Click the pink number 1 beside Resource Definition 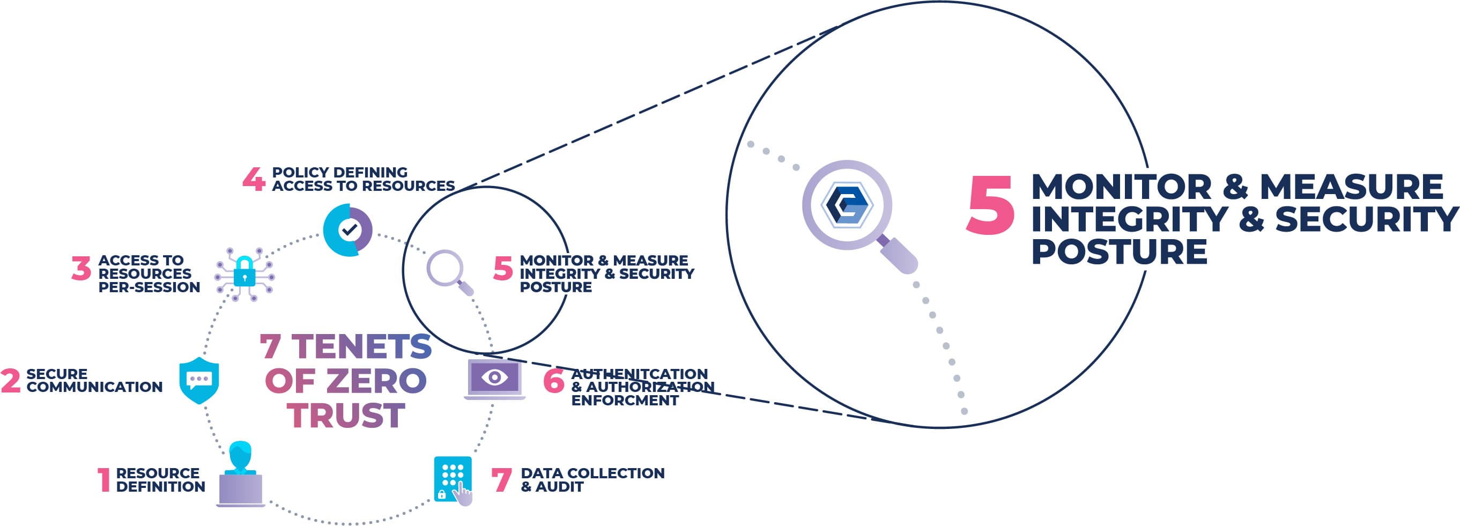click(x=103, y=479)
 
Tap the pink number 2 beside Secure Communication click(x=10, y=380)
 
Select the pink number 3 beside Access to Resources click(x=81, y=268)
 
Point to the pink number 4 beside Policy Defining click(x=254, y=179)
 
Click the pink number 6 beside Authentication click(x=554, y=381)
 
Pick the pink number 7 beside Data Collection click(x=502, y=479)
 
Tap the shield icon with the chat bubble click(x=199, y=380)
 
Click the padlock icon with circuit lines click(x=244, y=272)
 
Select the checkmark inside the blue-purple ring click(x=349, y=230)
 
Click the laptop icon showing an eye click(x=494, y=379)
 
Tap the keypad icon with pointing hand click(x=454, y=479)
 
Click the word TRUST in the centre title click(x=346, y=416)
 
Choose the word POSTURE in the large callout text click(x=1119, y=251)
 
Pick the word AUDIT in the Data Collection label click(x=559, y=487)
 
